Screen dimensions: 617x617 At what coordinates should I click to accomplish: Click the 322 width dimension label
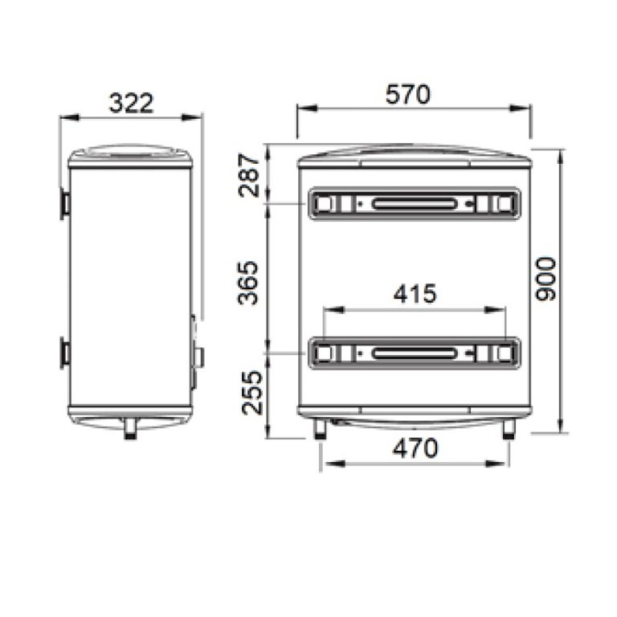pos(131,103)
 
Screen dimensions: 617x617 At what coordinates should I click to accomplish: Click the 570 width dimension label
pos(408,95)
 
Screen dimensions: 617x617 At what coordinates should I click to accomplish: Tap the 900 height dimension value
pos(546,279)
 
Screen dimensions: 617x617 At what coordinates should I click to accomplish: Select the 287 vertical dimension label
pos(250,175)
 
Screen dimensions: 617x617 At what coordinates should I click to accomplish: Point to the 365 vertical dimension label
pos(248,283)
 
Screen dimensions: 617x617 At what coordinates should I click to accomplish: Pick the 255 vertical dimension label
pos(251,393)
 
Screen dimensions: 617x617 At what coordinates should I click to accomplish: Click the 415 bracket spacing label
pos(415,293)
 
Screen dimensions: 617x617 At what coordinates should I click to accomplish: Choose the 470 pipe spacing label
pos(415,448)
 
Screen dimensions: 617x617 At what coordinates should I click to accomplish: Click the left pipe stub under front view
pos(320,429)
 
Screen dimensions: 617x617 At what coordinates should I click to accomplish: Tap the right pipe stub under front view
pos(509,429)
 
